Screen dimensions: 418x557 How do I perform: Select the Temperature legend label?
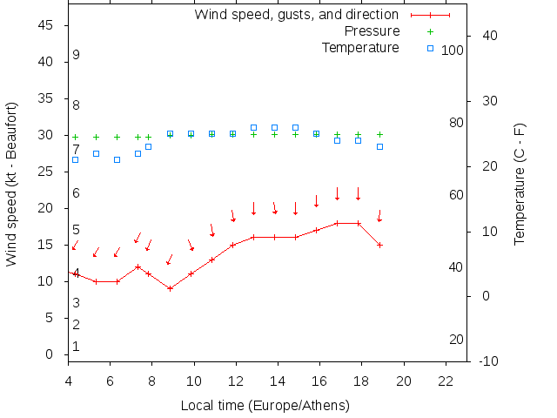pos(360,47)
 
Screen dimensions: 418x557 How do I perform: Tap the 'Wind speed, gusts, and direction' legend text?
pos(297,15)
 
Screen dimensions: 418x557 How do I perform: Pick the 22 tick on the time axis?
pos(446,381)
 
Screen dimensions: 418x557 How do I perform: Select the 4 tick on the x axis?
pos(68,381)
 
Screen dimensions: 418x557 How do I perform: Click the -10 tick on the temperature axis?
pos(488,361)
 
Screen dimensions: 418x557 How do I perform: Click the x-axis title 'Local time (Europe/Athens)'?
pos(265,406)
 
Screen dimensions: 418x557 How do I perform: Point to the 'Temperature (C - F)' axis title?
pos(520,184)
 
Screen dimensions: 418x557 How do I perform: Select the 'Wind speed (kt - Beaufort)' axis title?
pos(11,184)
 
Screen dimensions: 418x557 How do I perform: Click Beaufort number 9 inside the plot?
pos(77,55)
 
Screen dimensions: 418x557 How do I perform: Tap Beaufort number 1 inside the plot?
pos(77,347)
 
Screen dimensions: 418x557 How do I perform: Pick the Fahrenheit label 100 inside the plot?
pos(453,51)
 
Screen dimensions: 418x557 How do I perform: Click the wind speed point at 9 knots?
pos(170,288)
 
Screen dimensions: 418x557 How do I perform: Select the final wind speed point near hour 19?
pos(379,245)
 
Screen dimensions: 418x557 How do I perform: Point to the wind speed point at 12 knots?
pos(138,266)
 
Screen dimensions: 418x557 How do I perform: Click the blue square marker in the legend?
pos(430,47)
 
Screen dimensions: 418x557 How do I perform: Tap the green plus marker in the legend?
pos(430,31)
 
